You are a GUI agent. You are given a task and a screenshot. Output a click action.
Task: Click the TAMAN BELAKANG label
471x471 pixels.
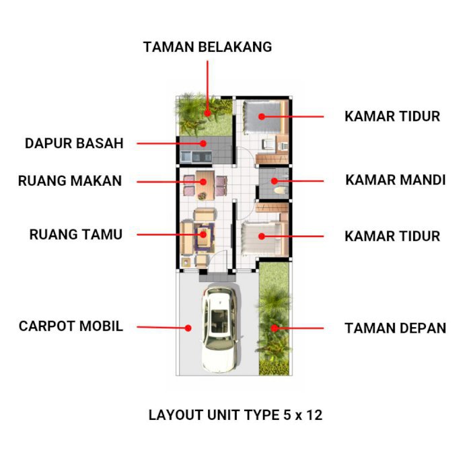[207, 47]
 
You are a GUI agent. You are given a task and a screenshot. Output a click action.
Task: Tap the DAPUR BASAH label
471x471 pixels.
[74, 143]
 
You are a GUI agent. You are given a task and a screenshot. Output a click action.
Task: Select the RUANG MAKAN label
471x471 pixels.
[70, 181]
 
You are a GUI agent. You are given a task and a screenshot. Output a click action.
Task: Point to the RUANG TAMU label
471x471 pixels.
[76, 235]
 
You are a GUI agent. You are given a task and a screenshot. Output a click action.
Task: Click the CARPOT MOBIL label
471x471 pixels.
[71, 327]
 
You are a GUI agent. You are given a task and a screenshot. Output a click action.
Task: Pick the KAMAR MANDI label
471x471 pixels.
[395, 180]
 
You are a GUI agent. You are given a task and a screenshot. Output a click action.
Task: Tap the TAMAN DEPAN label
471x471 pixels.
[395, 328]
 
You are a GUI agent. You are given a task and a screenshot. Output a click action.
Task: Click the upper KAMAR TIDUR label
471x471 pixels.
[392, 116]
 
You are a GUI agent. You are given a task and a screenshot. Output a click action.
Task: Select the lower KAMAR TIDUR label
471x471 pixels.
[392, 236]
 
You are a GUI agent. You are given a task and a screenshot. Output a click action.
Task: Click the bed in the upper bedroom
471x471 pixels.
[262, 116]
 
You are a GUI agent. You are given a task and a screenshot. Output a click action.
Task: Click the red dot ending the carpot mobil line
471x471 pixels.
[189, 328]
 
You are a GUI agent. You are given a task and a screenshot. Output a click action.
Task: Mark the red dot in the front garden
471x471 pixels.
[274, 328]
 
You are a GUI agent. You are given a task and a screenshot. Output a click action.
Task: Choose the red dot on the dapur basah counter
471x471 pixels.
[203, 143]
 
